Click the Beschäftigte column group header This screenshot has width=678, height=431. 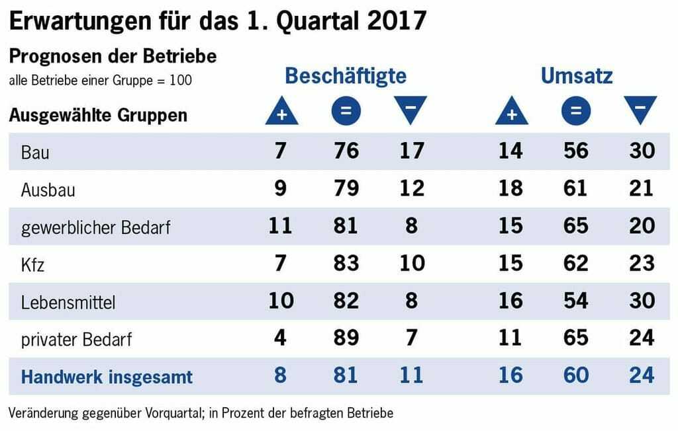point(345,76)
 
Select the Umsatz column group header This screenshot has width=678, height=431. point(576,76)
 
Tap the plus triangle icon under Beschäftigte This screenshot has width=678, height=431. point(281,112)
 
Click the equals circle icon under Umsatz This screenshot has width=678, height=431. point(576,112)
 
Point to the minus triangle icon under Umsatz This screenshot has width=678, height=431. point(640,110)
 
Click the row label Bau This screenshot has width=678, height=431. point(36,153)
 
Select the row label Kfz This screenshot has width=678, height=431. point(32,264)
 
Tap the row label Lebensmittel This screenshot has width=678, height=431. point(68,302)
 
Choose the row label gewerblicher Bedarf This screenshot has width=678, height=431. point(96,227)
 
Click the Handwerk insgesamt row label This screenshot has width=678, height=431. point(107,377)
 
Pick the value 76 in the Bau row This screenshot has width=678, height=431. point(345,151)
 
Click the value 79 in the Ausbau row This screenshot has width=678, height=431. point(345,188)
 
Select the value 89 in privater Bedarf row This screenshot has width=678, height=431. point(345,338)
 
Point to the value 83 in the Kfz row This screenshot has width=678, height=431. point(345,263)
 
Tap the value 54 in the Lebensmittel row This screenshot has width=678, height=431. point(575,301)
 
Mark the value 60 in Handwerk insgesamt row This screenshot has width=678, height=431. point(575,375)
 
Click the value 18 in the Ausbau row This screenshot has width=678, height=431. point(510,188)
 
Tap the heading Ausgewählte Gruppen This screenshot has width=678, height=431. point(98,115)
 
